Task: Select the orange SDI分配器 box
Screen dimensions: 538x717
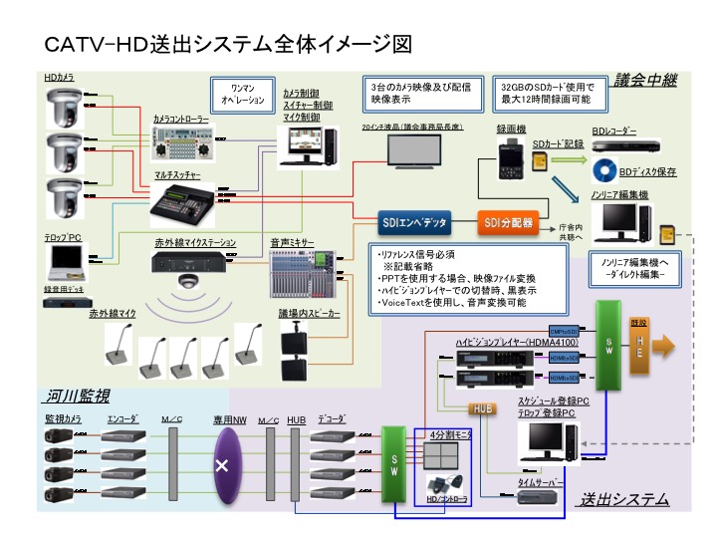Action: coord(507,221)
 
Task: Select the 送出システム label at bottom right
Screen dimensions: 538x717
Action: coord(623,499)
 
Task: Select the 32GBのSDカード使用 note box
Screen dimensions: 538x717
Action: coord(544,94)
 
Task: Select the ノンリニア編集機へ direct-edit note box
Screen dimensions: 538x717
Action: coord(628,266)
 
